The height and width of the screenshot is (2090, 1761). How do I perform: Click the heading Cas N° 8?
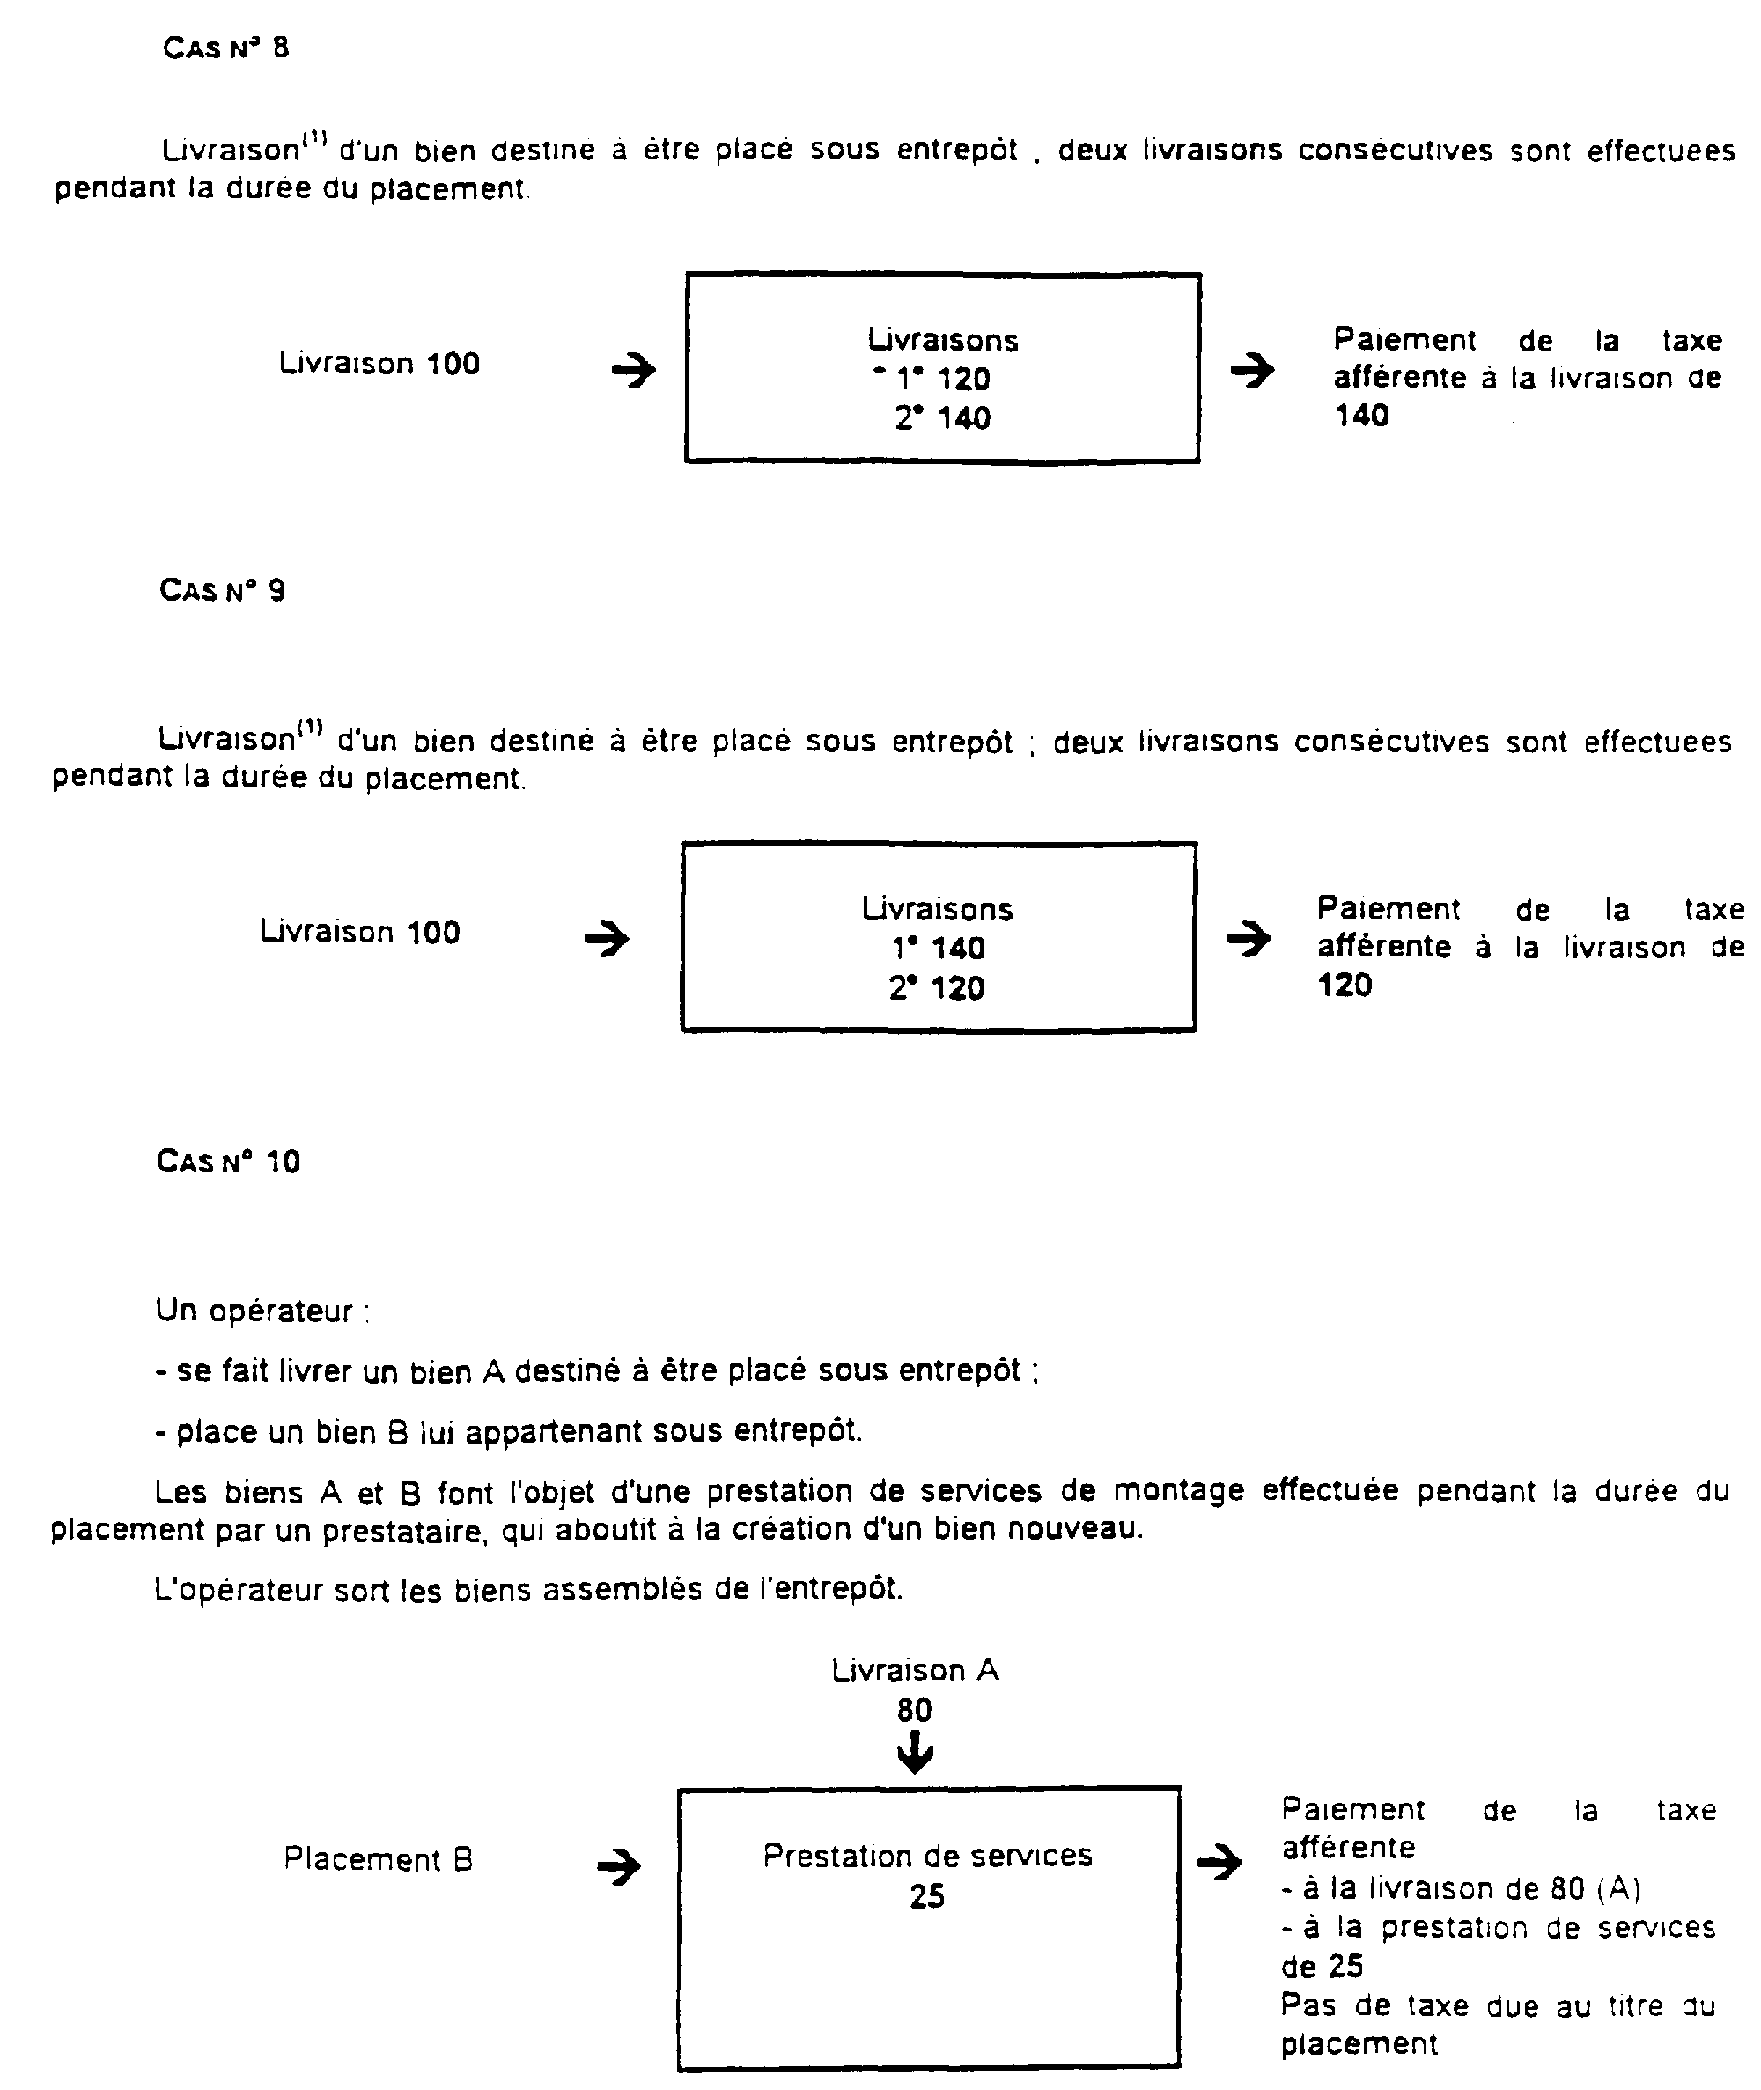click(x=225, y=48)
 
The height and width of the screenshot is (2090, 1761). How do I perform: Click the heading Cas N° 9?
click(x=222, y=590)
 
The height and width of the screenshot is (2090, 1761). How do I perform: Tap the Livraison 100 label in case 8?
click(x=379, y=364)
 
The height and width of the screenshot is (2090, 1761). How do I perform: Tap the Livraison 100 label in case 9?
click(x=360, y=933)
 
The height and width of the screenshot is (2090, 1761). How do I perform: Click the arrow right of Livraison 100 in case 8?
click(x=633, y=372)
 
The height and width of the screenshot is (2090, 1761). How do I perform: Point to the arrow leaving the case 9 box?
click(x=1248, y=939)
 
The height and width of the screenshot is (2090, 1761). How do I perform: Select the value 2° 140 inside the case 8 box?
click(x=942, y=418)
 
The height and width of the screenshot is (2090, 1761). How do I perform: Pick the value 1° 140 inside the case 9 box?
click(x=938, y=949)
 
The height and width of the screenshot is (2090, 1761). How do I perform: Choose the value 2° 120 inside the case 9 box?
click(x=936, y=988)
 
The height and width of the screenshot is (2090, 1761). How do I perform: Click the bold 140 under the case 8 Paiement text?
click(x=1361, y=416)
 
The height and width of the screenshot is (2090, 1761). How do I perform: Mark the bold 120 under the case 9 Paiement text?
click(x=1345, y=986)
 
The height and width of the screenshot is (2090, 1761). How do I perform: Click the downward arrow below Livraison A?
click(x=915, y=1754)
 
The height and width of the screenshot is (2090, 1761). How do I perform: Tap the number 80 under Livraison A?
click(x=915, y=1710)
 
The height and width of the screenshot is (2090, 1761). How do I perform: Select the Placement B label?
click(x=379, y=1859)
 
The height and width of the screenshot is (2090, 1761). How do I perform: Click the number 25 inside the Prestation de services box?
click(x=926, y=1896)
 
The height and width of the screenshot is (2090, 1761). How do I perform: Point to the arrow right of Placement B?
click(x=619, y=1866)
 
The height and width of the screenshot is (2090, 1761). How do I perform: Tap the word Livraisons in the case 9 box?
click(x=938, y=910)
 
